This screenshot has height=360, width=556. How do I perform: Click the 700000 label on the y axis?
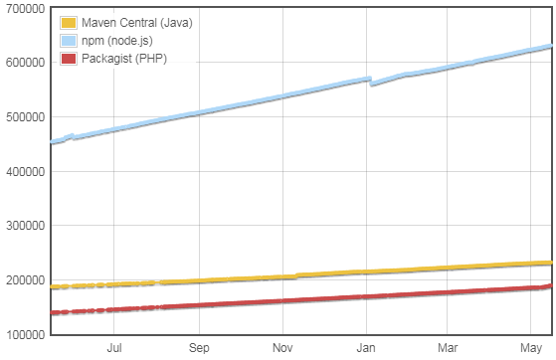(x=23, y=8)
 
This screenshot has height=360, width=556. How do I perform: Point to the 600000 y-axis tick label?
(x=23, y=62)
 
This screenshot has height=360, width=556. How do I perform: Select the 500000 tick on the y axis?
(x=23, y=116)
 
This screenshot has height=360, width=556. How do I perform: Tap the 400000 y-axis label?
(x=23, y=171)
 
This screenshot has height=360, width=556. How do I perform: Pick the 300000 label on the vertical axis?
(x=23, y=226)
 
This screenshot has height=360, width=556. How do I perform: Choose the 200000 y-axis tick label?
(x=23, y=280)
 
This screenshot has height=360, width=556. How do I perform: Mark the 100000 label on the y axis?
(x=23, y=335)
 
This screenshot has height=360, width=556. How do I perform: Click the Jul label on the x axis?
(x=114, y=348)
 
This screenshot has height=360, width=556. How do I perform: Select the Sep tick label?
(x=199, y=348)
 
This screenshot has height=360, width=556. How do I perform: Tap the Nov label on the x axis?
(x=282, y=348)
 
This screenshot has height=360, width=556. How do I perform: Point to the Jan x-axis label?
(x=367, y=348)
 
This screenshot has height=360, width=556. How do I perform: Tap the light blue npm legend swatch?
(x=69, y=41)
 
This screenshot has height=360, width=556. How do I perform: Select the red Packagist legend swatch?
(x=69, y=59)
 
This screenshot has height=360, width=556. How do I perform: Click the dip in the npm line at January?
(x=371, y=84)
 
